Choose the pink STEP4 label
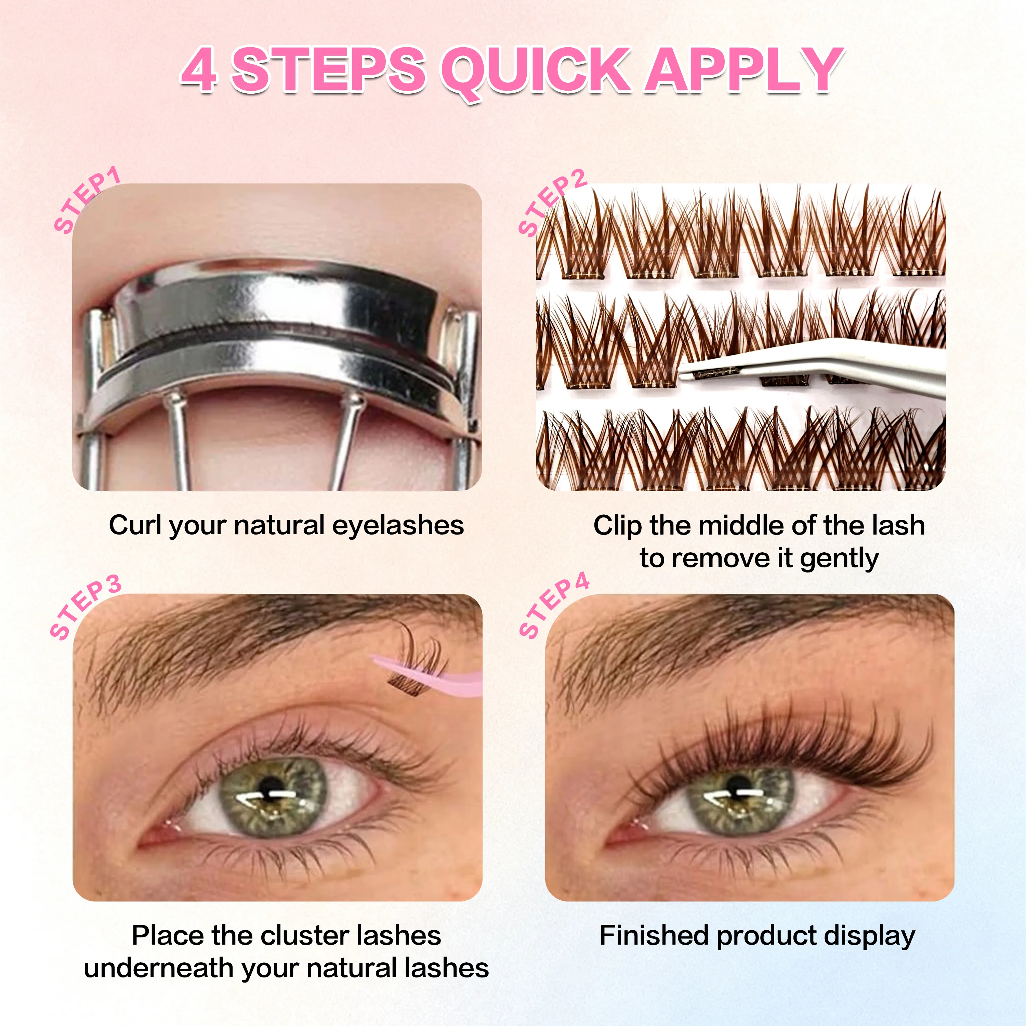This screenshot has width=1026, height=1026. coord(554,605)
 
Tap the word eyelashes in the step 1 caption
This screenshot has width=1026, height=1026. coord(398,525)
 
